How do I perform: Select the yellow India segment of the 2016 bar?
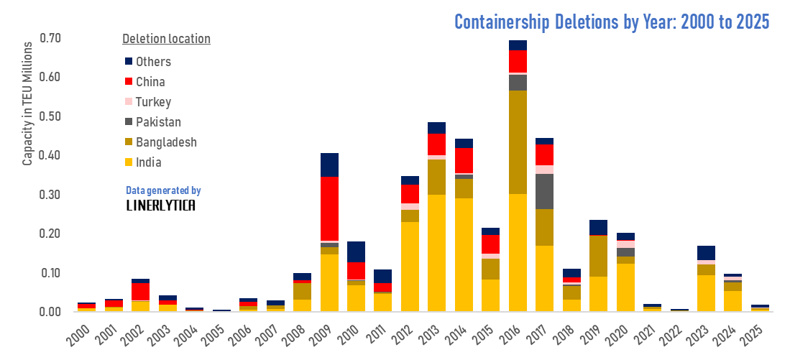click(518, 252)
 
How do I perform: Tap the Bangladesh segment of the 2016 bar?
click(518, 142)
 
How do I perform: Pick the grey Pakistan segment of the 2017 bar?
click(544, 191)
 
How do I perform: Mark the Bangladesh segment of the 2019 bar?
click(599, 256)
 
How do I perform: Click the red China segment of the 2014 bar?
click(464, 160)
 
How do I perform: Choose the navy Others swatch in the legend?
click(129, 62)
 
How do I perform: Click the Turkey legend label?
click(154, 102)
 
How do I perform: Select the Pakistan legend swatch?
click(129, 122)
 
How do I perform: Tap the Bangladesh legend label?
click(166, 142)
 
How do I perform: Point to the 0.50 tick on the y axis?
click(50, 116)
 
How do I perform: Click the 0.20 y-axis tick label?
click(50, 234)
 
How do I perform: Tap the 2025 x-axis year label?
click(752, 335)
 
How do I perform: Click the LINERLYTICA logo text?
click(160, 206)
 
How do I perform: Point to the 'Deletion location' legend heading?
click(166, 39)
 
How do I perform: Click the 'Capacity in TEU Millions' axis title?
click(28, 103)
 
